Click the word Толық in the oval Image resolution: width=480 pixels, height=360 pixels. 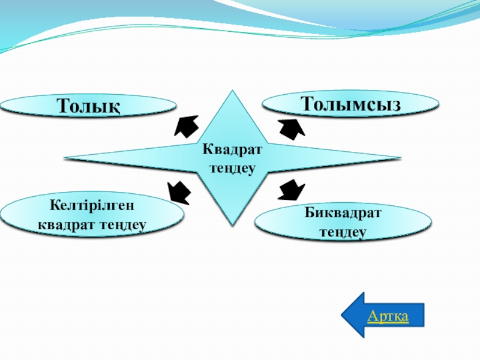pos(88,106)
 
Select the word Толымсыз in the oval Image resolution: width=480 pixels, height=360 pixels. pos(351,103)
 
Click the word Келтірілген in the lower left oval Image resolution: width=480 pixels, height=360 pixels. pos(92,206)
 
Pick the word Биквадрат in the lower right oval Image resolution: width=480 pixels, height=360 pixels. pos(343,213)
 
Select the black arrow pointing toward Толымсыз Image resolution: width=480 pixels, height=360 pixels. pos(291,128)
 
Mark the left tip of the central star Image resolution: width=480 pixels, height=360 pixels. pos(65,159)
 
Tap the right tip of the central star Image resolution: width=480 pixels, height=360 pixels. pos(400,159)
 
